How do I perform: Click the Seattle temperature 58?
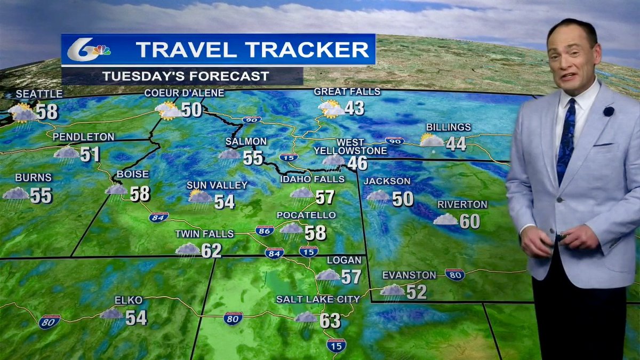pos(47,112)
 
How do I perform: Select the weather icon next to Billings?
pos(431,141)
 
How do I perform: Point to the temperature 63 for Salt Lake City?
pos(330,321)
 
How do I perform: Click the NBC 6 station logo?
pos(88,50)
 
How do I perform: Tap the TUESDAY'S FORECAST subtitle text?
pos(186,76)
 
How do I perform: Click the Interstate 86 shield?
pos(265,230)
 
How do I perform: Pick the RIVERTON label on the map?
pos(455,204)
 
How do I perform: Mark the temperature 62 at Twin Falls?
pos(211,250)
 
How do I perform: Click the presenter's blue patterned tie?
pos(566,139)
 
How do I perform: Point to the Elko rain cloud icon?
pos(111,315)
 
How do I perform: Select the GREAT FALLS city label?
pos(347,92)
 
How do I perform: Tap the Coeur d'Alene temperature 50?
pos(191,109)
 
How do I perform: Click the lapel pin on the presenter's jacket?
pos(609,111)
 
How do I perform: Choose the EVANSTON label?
pos(409,275)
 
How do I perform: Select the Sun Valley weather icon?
pos(199,197)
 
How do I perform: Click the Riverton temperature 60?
pos(470,221)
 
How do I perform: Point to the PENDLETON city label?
pos(84,137)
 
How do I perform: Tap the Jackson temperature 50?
pos(403,199)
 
